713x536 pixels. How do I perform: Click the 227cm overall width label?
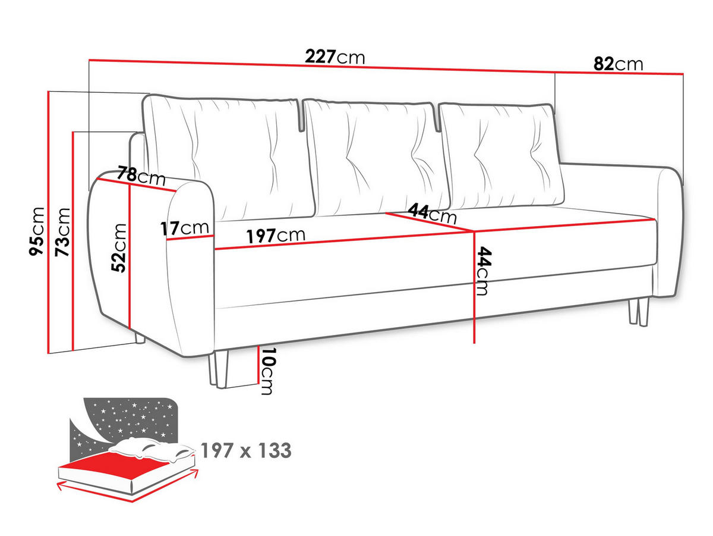(335, 57)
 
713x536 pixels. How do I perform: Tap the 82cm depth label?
(619, 64)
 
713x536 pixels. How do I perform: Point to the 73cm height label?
(62, 232)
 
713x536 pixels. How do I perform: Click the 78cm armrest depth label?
(141, 176)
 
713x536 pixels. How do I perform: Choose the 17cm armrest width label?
(184, 228)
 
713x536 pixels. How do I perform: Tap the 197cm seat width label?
(276, 236)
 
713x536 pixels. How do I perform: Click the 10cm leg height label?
(267, 372)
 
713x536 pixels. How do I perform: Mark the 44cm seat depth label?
(432, 212)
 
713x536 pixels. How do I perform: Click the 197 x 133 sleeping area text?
(246, 451)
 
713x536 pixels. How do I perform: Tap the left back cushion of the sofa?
(229, 156)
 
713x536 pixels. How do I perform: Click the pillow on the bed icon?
(153, 449)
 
